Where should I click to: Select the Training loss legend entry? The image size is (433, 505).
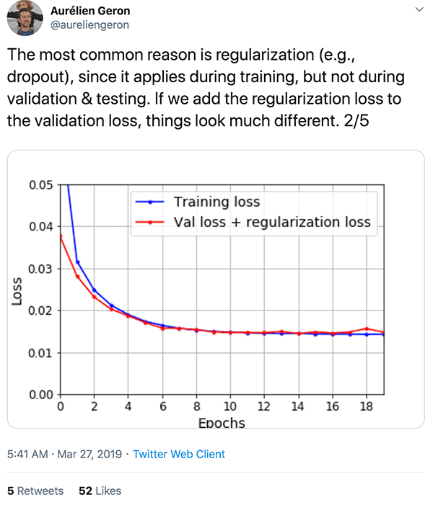(x=216, y=202)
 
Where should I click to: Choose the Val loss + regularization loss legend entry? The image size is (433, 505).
(x=272, y=222)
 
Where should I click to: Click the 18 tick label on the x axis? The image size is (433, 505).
(x=367, y=406)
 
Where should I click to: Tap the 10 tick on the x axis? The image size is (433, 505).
(x=230, y=406)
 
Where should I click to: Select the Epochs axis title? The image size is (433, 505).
(x=222, y=423)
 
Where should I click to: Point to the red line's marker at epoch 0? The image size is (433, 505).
(x=60, y=236)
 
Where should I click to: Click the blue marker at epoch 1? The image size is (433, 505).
(x=77, y=262)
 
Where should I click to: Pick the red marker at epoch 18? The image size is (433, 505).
(x=367, y=329)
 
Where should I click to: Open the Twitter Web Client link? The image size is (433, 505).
(x=180, y=454)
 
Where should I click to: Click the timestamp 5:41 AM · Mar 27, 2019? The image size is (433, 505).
(x=64, y=454)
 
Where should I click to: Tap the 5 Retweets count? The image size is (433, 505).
(x=35, y=491)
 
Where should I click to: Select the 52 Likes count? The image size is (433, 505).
(x=100, y=491)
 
